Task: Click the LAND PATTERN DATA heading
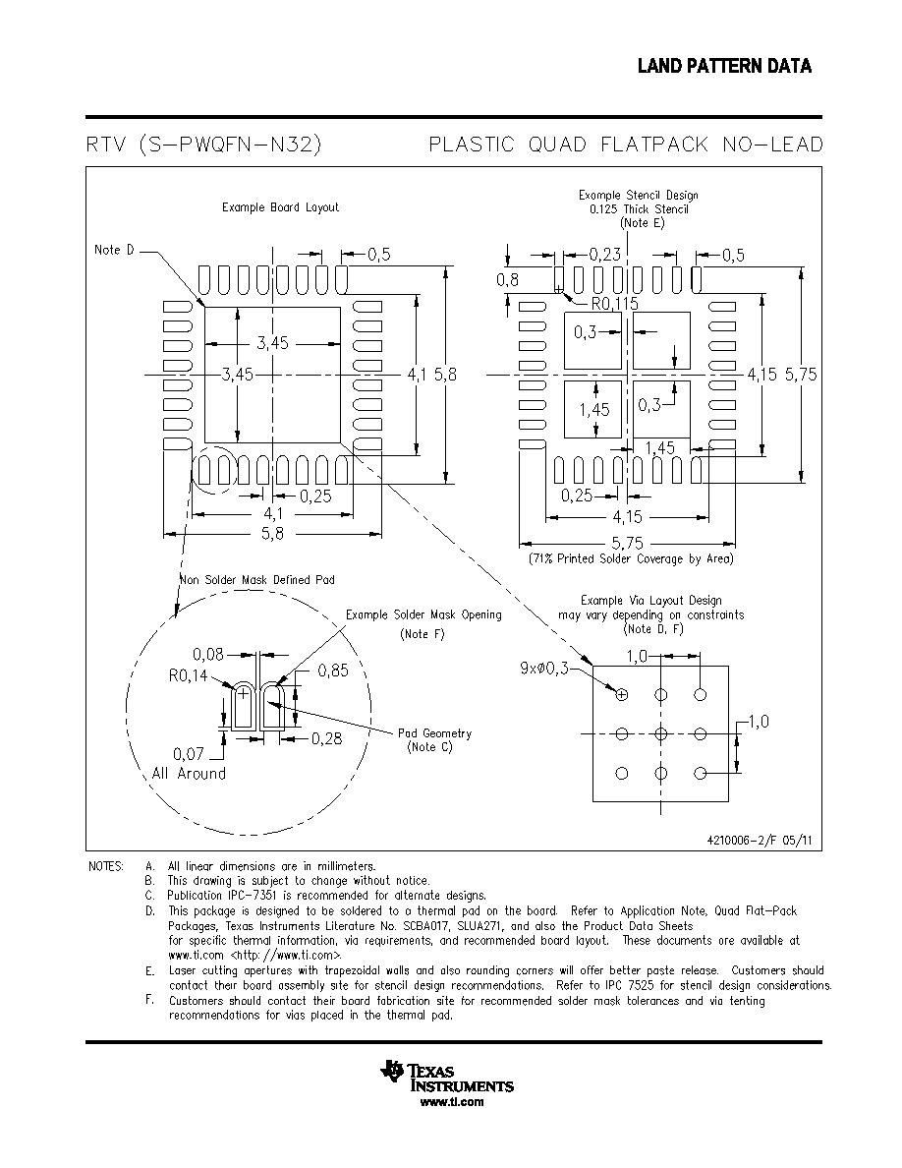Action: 724,66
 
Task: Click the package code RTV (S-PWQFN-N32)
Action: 204,144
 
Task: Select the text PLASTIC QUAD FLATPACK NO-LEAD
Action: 626,144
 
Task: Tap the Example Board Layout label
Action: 280,207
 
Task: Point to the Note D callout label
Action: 114,250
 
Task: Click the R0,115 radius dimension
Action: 615,303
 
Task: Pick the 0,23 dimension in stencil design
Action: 604,254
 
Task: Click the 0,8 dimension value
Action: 508,279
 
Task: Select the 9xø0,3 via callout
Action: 543,669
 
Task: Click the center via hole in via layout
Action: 661,733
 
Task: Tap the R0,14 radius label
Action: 189,675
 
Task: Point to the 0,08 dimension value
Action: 207,654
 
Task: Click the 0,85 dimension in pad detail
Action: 333,671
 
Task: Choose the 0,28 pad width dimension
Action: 327,738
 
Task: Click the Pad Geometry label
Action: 434,733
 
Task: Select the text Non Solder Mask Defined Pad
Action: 257,579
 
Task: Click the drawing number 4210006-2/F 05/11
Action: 760,840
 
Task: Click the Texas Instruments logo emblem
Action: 392,1071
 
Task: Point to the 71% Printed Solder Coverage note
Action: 631,558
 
